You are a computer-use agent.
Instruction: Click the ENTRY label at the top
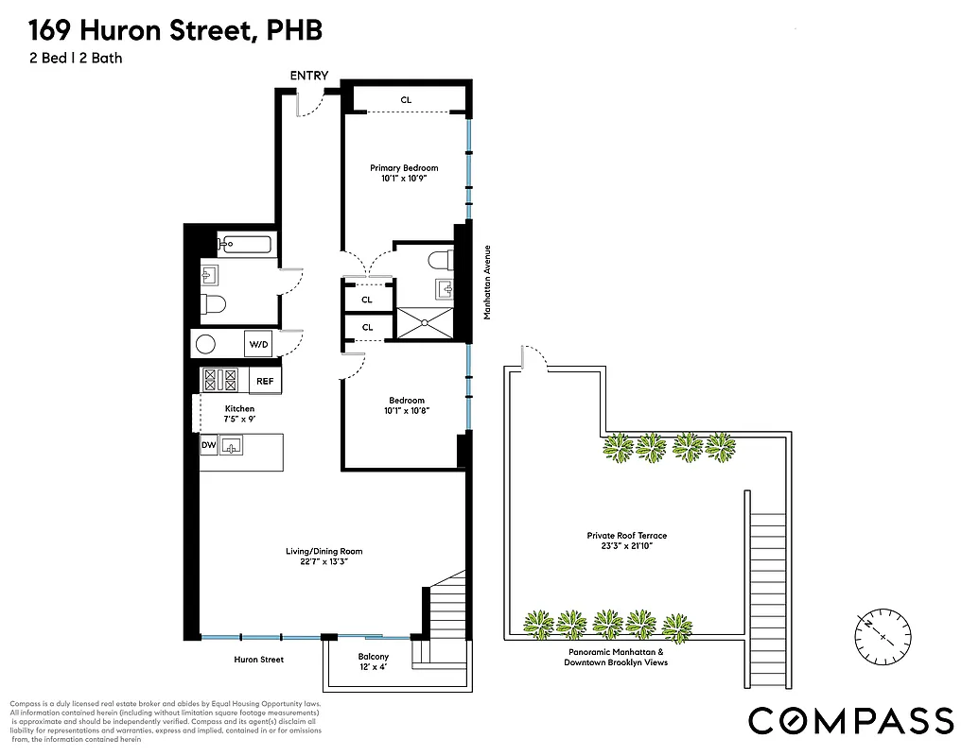[x=309, y=76]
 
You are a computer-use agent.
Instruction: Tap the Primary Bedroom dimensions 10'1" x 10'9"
[x=404, y=178]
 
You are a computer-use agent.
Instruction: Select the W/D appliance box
[x=259, y=345]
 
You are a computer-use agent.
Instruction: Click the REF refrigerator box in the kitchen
[x=265, y=381]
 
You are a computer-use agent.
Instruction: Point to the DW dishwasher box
[x=208, y=445]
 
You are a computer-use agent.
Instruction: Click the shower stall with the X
[x=425, y=322]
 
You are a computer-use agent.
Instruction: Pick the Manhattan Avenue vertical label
[x=487, y=283]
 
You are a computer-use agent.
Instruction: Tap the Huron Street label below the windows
[x=259, y=660]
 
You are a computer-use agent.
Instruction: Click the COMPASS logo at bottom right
[x=850, y=719]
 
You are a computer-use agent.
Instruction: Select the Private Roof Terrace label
[x=627, y=541]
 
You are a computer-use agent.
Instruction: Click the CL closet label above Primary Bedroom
[x=406, y=99]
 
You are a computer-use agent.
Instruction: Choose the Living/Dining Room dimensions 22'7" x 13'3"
[x=324, y=557]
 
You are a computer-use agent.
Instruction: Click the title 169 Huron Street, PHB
[x=175, y=31]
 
